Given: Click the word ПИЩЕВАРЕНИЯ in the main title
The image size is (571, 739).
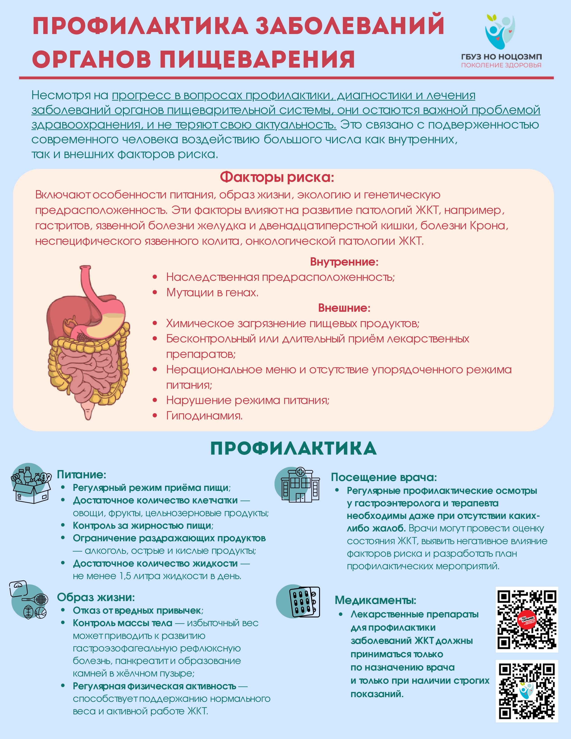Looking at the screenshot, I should [x=257, y=59].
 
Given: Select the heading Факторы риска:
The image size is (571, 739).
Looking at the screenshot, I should [x=277, y=177].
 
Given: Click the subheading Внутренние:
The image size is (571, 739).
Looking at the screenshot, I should [x=344, y=262].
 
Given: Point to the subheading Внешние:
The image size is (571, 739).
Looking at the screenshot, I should [x=344, y=308].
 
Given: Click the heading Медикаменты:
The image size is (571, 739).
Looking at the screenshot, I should [x=375, y=600].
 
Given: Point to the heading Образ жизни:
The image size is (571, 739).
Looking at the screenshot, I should [x=96, y=597].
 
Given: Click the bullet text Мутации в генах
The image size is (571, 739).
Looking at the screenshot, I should [x=212, y=292].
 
